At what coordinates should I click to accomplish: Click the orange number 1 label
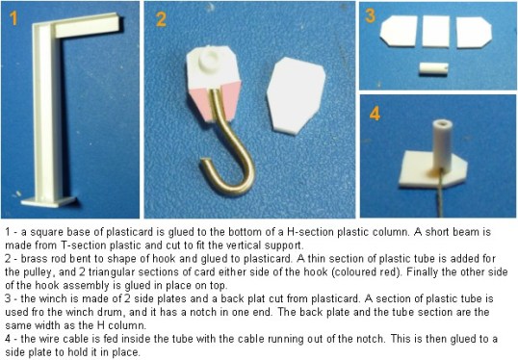pos(13,18)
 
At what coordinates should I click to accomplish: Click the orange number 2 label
pos(161,19)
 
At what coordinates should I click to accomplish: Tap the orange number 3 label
pos(371,15)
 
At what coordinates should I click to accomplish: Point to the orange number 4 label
pos(375,114)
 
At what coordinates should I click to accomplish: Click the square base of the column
pos(48,201)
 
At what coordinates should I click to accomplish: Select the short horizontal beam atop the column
pos(88,25)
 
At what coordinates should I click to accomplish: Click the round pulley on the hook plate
pos(211,60)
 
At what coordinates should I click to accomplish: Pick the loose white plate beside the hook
pos(296,96)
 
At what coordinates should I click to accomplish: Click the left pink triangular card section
pos(199,102)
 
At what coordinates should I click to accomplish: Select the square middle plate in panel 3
pos(436,32)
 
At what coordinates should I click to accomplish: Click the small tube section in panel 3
pos(434,68)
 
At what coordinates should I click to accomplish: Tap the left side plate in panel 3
pos(399,31)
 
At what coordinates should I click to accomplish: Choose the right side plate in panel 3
pos(474,32)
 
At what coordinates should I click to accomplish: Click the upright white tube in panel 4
pos(442,145)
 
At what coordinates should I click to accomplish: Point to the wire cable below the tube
pos(439,194)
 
